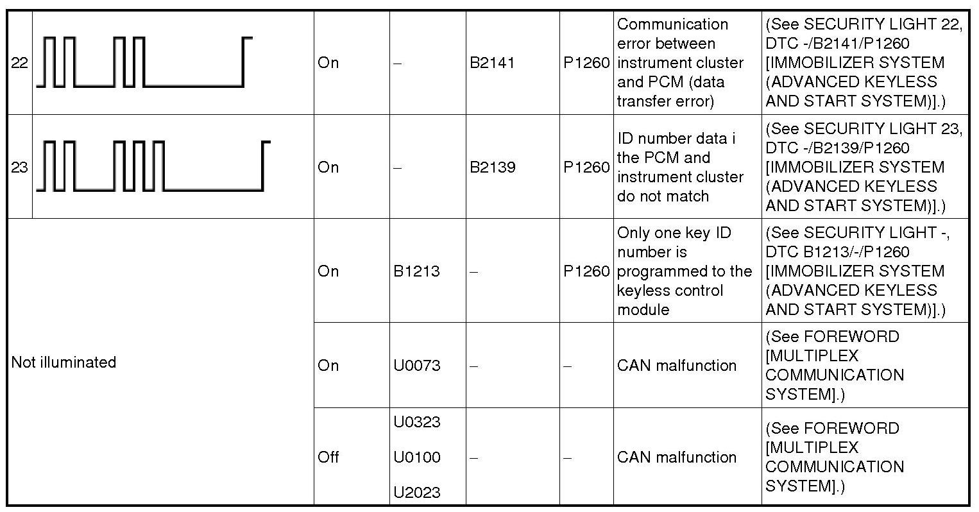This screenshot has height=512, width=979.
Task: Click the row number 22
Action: [x=19, y=63]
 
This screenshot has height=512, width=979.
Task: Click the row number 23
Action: [x=19, y=167]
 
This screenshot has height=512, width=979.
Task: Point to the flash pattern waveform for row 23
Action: [x=153, y=166]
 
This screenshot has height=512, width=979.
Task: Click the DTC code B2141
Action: [x=492, y=63]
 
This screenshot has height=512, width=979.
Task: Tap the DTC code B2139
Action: [x=492, y=167]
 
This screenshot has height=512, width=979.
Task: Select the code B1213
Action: [x=416, y=271]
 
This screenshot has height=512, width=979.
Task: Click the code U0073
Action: [x=417, y=366]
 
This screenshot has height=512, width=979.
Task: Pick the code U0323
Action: [x=417, y=422]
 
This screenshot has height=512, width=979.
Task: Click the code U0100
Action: [x=417, y=457]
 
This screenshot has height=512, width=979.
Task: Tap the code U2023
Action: [x=417, y=493]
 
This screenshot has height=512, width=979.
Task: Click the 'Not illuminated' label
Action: [x=64, y=363]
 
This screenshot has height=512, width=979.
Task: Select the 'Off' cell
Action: [x=328, y=457]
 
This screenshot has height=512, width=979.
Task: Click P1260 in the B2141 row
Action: [x=586, y=63]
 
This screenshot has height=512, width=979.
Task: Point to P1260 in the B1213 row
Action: [x=586, y=271]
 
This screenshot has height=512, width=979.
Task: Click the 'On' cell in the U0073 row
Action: [x=328, y=366]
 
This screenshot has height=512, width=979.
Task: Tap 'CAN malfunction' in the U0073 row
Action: [x=677, y=366]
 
